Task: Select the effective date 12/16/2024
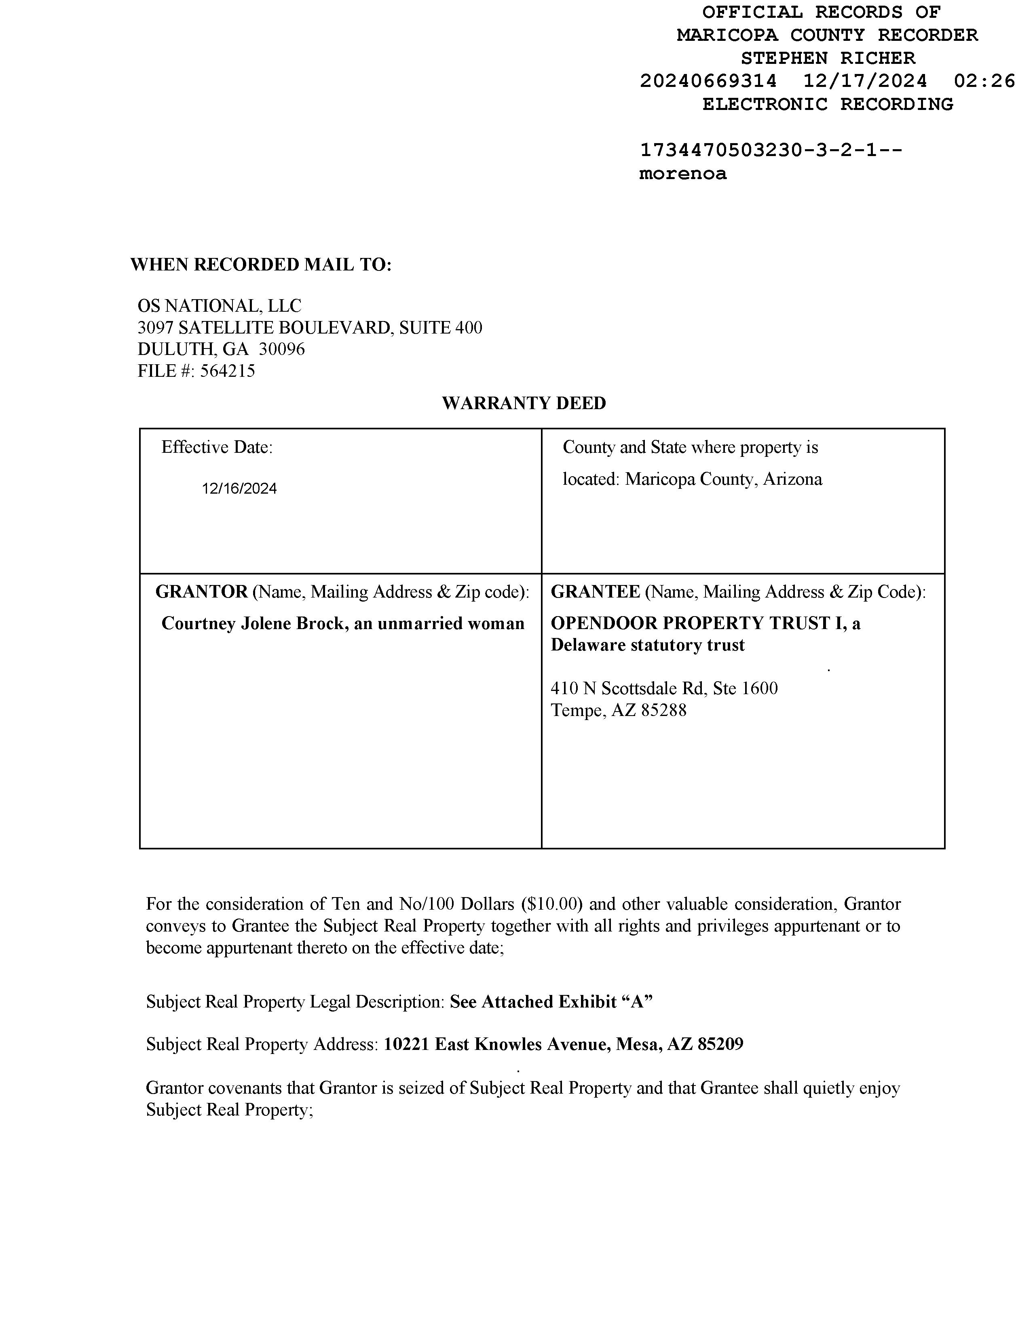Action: [x=239, y=489]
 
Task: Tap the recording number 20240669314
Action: [x=708, y=81]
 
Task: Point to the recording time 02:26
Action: [x=984, y=81]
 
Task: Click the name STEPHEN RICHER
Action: [x=828, y=58]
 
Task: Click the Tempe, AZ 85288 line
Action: [x=618, y=711]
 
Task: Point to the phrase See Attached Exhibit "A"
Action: [x=551, y=1002]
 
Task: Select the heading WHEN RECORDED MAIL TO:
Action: [x=261, y=265]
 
